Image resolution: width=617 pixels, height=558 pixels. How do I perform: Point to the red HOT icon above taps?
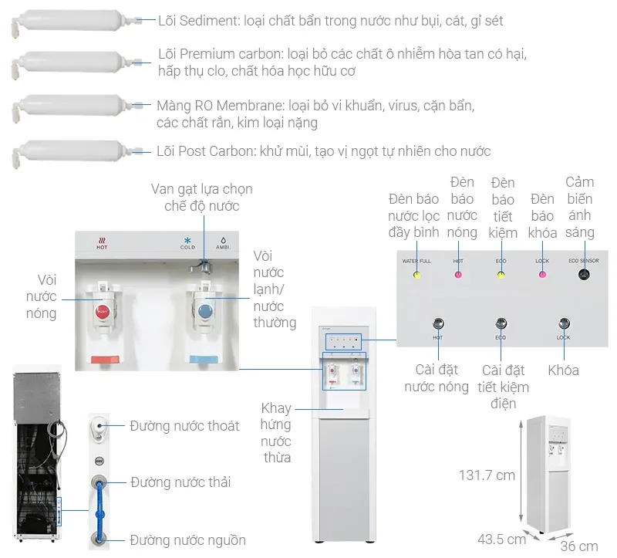tap(102, 242)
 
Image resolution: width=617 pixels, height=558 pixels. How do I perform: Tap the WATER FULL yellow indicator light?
tap(417, 274)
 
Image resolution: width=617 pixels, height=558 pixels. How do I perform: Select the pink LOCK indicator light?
tap(542, 274)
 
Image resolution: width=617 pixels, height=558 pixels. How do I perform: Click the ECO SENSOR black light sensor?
tap(584, 274)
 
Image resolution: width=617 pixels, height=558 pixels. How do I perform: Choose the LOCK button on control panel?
tap(564, 324)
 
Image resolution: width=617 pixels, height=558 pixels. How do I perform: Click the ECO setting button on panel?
tap(501, 324)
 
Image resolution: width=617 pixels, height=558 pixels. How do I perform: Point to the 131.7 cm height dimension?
tap(487, 475)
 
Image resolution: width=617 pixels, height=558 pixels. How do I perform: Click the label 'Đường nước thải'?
tap(180, 482)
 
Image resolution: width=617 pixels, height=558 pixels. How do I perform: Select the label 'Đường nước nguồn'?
tap(187, 539)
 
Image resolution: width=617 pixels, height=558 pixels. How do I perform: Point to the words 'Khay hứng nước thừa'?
tap(276, 432)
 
